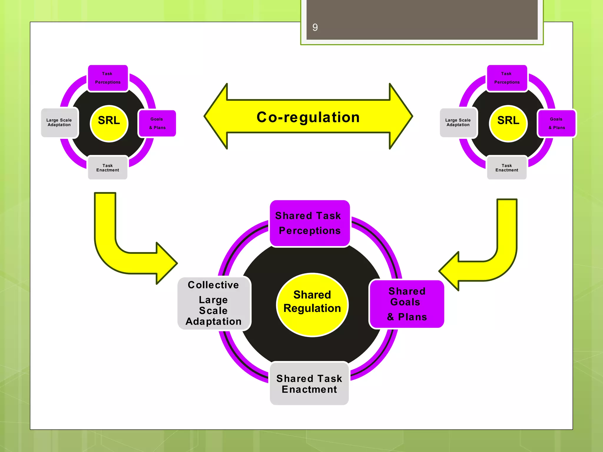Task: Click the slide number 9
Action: tap(315, 27)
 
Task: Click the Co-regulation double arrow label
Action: tap(308, 117)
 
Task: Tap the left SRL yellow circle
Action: tap(109, 123)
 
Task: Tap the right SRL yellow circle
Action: tap(508, 123)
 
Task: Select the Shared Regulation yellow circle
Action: tap(312, 305)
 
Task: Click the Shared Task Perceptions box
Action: tap(309, 223)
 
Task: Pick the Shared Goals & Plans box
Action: tap(407, 304)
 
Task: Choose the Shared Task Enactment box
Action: tap(309, 384)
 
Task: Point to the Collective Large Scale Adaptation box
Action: tap(214, 303)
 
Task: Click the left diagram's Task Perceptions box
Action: tap(108, 78)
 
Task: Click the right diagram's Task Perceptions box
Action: tap(507, 78)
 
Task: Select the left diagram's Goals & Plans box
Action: tap(157, 123)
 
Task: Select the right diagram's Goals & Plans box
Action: tap(556, 123)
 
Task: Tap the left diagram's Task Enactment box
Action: tap(108, 168)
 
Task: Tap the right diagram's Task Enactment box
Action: tap(507, 168)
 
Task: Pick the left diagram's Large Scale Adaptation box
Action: tap(59, 122)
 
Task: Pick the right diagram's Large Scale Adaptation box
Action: tap(458, 122)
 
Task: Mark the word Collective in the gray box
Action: tap(213, 285)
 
